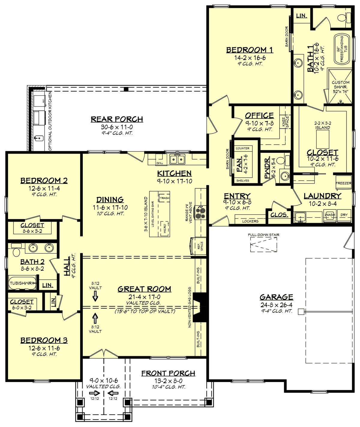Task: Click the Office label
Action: pos(259,116)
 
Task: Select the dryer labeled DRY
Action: pos(344,215)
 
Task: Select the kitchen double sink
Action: pos(177,159)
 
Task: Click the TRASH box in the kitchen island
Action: pos(164,198)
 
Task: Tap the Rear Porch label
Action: pos(117,119)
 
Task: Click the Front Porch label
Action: pos(168,373)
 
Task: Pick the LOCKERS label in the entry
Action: pos(250,221)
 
